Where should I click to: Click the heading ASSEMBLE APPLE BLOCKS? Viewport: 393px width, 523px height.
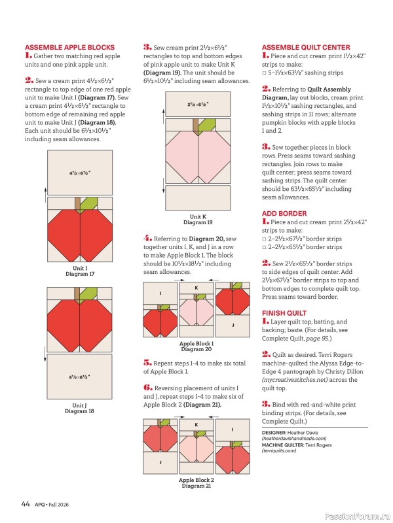point(69,47)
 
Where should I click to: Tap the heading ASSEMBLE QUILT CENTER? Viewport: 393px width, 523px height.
point(306,47)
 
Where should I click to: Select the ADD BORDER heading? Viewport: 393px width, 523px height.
point(284,214)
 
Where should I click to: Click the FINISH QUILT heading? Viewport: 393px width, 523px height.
point(284,313)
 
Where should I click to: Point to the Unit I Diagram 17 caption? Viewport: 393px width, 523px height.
point(80,271)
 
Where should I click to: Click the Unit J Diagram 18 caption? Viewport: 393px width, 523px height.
point(79,408)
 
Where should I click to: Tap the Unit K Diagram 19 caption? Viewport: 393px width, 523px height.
point(198,220)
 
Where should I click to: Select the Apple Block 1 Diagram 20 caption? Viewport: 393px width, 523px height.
point(196,346)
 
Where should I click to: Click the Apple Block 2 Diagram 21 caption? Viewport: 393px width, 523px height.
point(196,483)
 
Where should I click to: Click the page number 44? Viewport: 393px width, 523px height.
point(26,503)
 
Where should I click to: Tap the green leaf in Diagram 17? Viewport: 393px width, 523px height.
point(89,204)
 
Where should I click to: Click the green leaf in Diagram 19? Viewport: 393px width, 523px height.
point(207,126)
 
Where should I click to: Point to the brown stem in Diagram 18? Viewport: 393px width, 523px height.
point(77,295)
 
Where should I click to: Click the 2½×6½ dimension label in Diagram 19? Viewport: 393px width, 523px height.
point(198,105)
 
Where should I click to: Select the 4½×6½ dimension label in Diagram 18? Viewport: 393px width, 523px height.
point(79,377)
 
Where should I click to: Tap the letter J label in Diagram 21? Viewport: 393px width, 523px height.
point(160,462)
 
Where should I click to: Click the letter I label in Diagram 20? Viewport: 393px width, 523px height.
point(160,293)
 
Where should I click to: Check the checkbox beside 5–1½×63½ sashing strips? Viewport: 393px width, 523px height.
point(264,73)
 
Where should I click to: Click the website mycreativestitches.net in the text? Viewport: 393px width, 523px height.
point(295,380)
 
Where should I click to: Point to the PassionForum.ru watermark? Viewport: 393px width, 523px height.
point(358,516)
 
